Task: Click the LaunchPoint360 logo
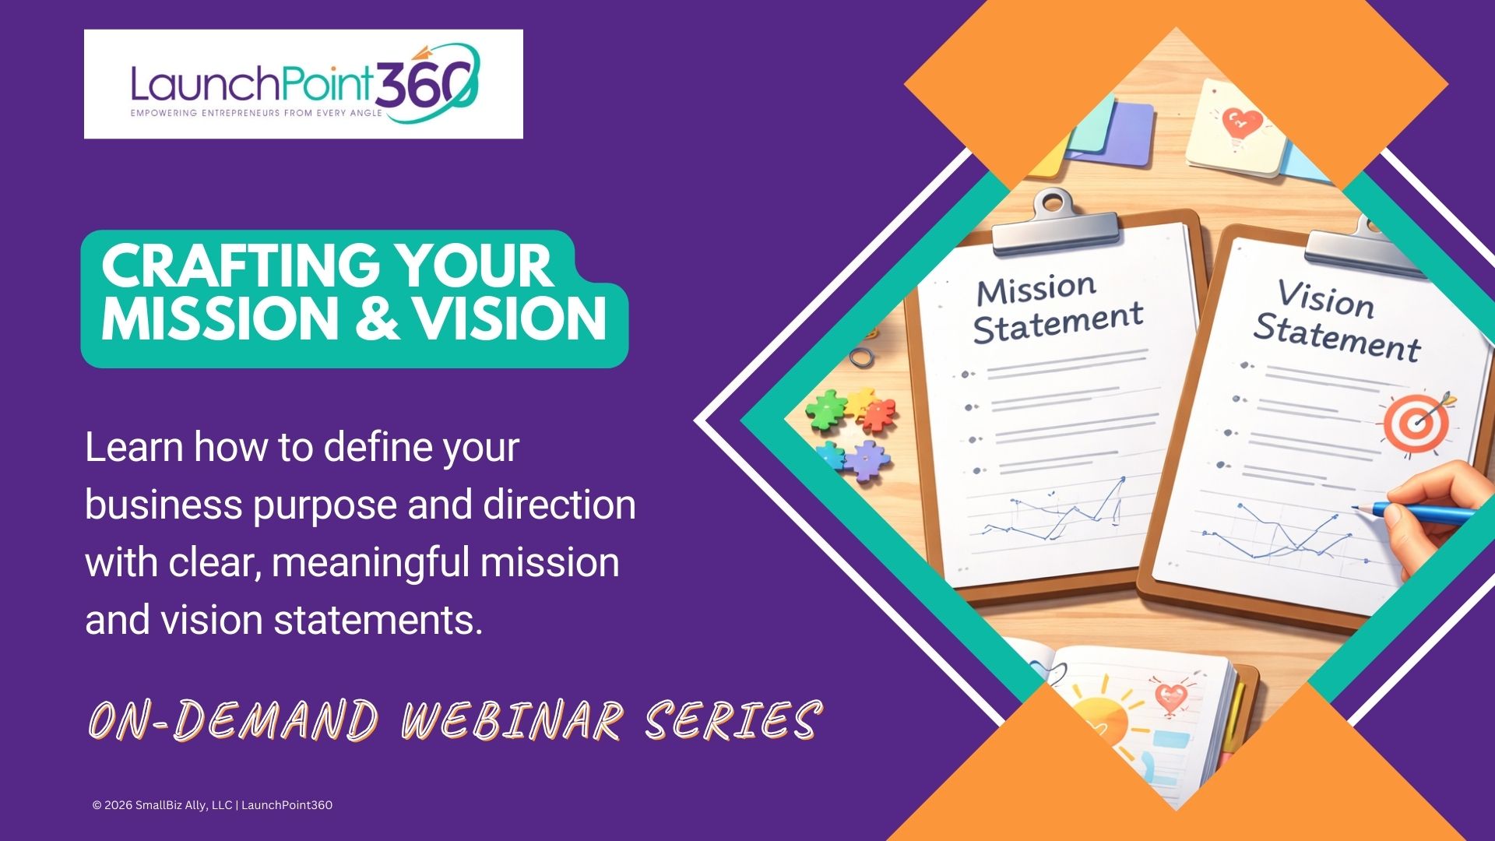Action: click(x=304, y=84)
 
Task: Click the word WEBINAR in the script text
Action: click(x=512, y=720)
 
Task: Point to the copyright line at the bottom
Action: click(x=213, y=805)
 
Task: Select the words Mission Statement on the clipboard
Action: click(x=1058, y=309)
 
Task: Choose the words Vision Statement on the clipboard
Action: click(x=1336, y=322)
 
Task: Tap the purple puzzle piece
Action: click(x=866, y=460)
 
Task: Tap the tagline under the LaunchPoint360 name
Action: click(x=256, y=113)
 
